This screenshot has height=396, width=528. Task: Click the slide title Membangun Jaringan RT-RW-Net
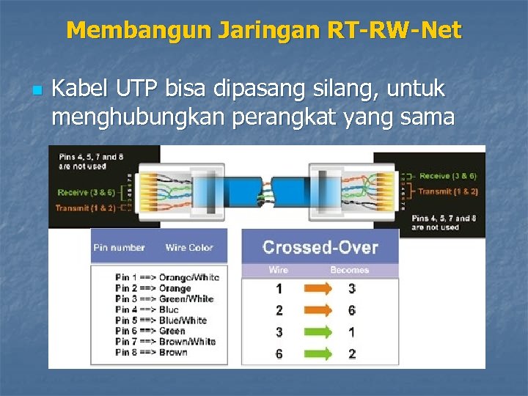[264, 30]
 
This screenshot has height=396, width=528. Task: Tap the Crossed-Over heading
[320, 247]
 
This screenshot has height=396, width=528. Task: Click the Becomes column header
[350, 270]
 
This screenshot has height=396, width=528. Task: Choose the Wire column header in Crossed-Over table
[279, 270]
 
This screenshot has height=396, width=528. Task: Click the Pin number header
[119, 248]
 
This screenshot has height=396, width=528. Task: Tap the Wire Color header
[188, 248]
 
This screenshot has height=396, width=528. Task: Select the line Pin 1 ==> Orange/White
[166, 277]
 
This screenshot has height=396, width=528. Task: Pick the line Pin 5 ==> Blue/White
[161, 320]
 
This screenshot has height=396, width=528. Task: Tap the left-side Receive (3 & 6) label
[86, 192]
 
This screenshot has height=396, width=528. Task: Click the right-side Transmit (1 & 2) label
[447, 191]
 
